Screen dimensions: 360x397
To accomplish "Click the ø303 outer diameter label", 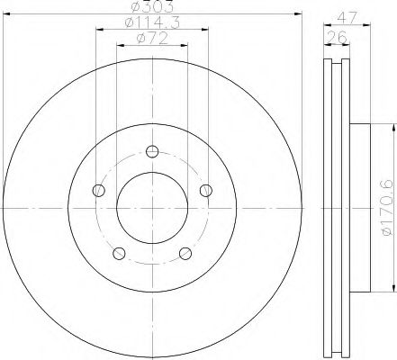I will (151, 7).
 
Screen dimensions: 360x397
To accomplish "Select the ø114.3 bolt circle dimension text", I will (151, 23).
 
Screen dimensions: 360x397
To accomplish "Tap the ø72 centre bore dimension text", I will (151, 39).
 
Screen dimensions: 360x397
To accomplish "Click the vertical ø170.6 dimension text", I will (386, 208).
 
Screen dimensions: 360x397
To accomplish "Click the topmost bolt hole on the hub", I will (152, 150).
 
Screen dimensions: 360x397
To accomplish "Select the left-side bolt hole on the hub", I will (97, 189).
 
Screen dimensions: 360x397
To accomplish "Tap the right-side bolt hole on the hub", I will (207, 189).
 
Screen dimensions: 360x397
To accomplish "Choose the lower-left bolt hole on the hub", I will (118, 253).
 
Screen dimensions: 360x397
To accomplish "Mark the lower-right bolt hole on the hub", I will (185, 253).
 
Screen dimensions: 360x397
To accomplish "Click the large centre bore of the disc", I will (152, 208).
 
